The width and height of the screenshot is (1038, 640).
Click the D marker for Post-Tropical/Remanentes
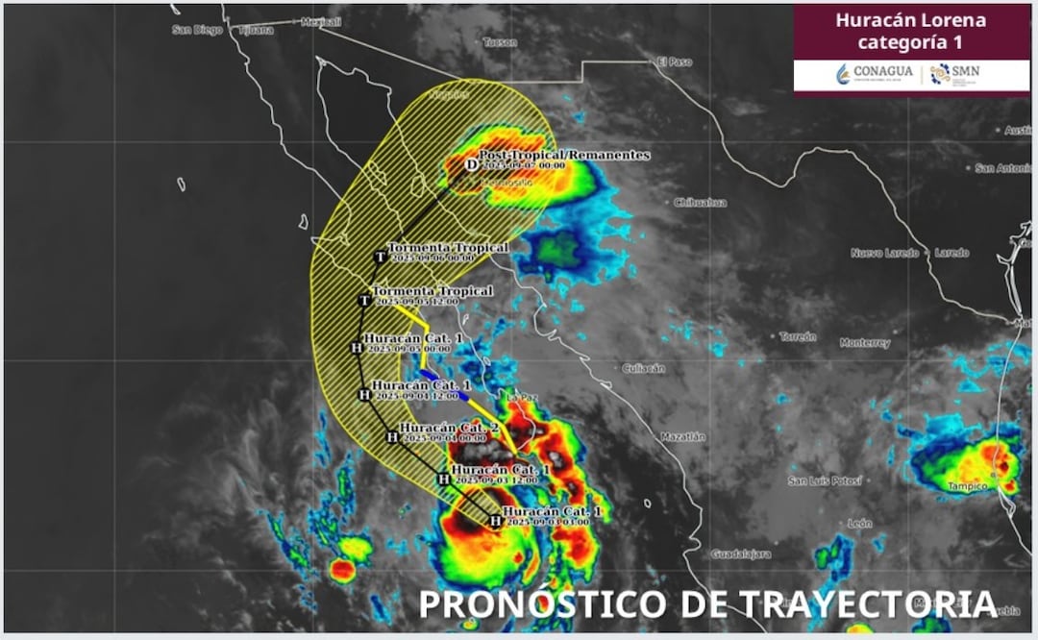click(x=471, y=165)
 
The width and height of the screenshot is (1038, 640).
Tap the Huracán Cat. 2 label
click(x=449, y=427)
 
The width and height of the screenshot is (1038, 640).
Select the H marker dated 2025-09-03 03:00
click(x=495, y=522)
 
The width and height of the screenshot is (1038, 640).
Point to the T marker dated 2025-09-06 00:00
click(x=380, y=257)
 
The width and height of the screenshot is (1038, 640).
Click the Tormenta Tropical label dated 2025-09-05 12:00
click(x=432, y=291)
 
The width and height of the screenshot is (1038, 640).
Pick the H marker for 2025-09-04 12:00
click(x=364, y=394)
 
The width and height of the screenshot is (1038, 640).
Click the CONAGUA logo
click(x=875, y=73)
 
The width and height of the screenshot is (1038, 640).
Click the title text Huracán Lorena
click(x=910, y=19)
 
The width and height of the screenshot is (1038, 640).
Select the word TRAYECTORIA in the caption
click(x=867, y=604)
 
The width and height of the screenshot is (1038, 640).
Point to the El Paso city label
click(x=675, y=62)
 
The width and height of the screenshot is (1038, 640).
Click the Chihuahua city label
click(x=701, y=203)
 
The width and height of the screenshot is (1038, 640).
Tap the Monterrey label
click(x=864, y=343)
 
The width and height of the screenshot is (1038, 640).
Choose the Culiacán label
click(x=644, y=368)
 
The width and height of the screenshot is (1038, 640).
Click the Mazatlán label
click(x=682, y=436)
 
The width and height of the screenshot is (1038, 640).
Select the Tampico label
click(x=967, y=486)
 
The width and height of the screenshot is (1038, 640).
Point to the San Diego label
click(x=197, y=30)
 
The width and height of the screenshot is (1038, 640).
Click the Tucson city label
click(x=500, y=42)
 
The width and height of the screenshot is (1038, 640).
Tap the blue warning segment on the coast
click(x=429, y=374)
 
